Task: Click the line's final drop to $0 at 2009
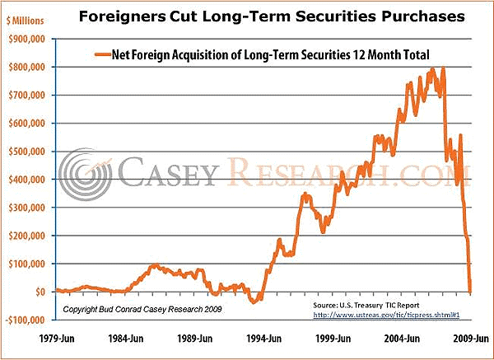coord(470,289)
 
